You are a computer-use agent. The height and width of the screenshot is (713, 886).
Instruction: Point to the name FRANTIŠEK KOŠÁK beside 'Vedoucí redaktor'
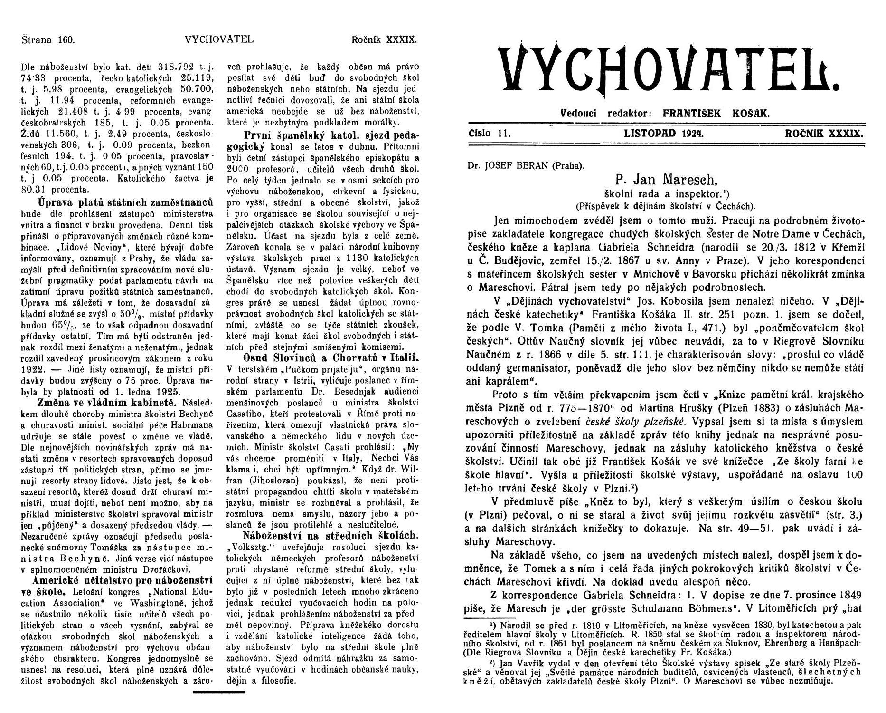[716, 114]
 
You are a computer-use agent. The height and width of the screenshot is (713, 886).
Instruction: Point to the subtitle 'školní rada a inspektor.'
[661, 194]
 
